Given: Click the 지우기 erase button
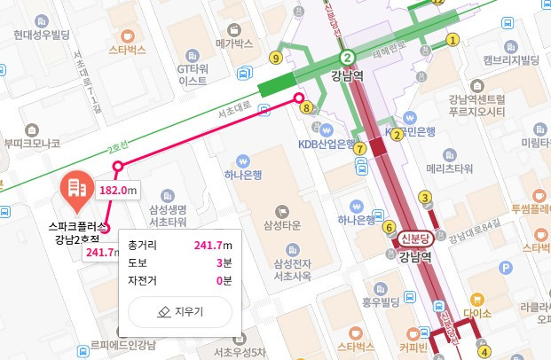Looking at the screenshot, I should tap(180, 312).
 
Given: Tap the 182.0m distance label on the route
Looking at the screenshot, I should tap(119, 190).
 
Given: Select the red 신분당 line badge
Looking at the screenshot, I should tap(414, 238).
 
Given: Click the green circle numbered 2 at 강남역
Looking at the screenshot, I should tap(349, 55).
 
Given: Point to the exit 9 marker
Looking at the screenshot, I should tap(276, 58).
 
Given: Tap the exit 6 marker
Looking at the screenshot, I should tap(389, 227).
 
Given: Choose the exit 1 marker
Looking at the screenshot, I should tap(453, 39).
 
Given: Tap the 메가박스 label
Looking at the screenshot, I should tap(234, 43).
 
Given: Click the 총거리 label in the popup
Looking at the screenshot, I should tap(141, 245).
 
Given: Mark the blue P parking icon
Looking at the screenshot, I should tap(507, 267).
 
